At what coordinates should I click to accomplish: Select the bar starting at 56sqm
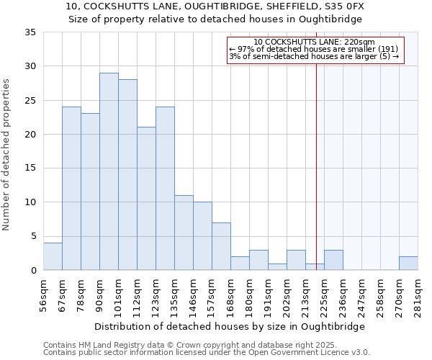coord(53,256)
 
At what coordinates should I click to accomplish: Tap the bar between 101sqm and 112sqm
coord(127,175)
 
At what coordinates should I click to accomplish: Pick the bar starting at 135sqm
coord(184,233)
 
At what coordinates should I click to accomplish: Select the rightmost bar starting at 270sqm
coord(408,264)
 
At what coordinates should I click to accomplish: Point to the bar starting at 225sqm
coord(333,260)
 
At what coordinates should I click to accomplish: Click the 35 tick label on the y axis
coord(30,32)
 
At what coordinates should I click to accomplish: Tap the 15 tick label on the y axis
coord(30,168)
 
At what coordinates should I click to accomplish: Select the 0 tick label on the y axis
coord(33,271)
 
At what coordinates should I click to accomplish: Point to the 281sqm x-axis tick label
coord(418,293)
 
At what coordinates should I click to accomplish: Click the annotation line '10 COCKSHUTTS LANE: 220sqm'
coord(315,42)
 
